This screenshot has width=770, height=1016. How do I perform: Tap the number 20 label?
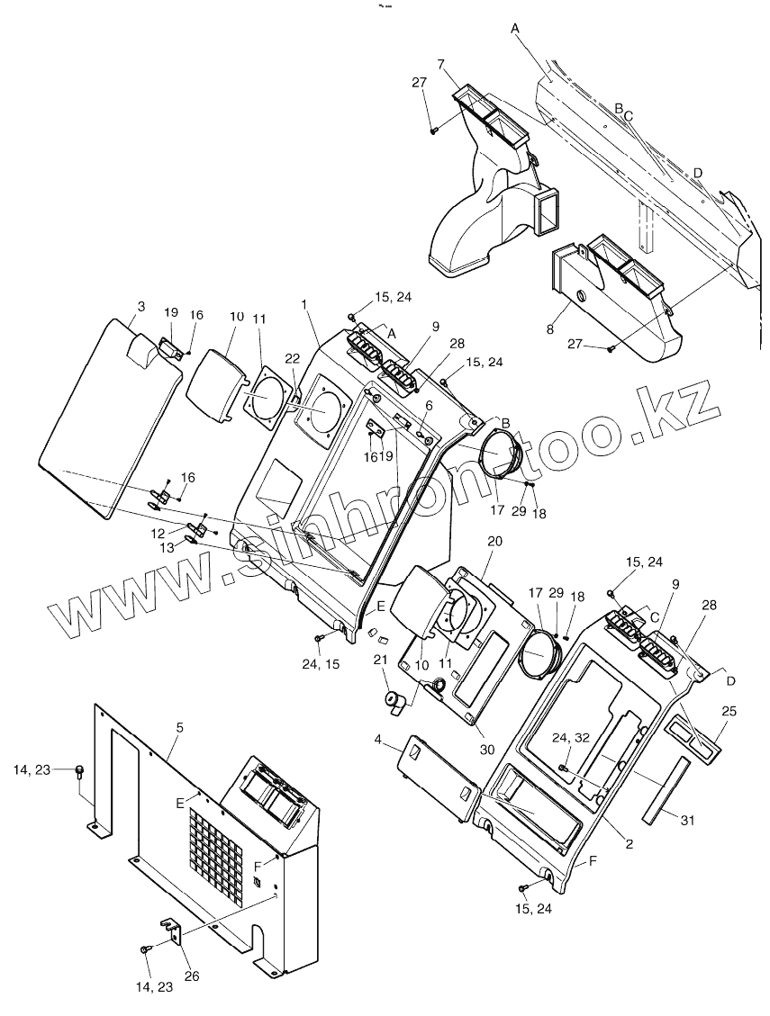(x=494, y=542)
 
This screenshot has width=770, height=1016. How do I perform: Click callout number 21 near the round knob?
(x=379, y=661)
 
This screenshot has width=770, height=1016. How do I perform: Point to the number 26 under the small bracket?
(x=192, y=976)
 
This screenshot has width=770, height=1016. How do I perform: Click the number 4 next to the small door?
(x=379, y=741)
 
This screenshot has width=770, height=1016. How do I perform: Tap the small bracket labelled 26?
(x=174, y=931)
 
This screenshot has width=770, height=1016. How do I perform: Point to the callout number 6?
(x=430, y=406)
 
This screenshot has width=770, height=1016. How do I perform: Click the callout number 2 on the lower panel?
(x=630, y=845)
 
